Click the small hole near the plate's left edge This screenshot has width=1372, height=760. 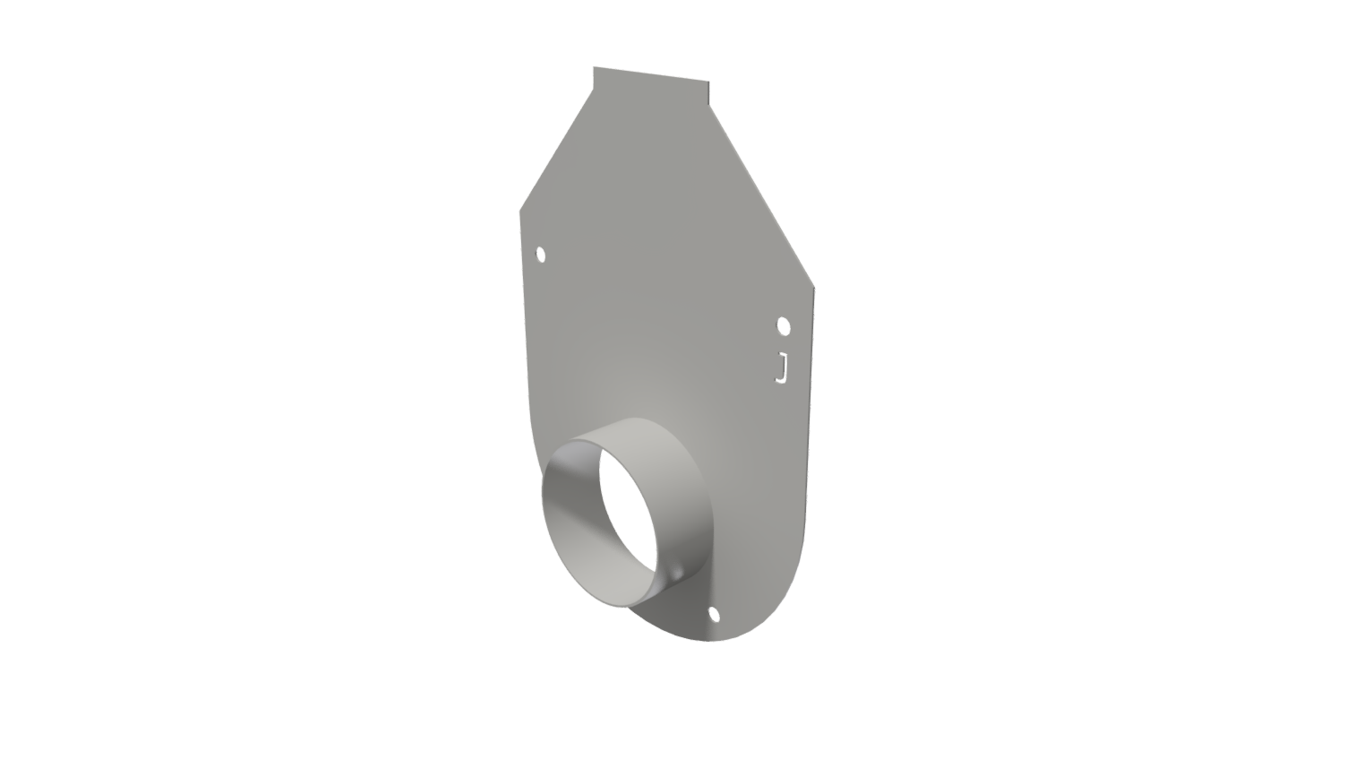(541, 255)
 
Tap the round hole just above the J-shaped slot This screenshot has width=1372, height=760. (784, 325)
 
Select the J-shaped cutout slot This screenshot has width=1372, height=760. (782, 368)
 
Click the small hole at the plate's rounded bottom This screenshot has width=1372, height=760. (714, 614)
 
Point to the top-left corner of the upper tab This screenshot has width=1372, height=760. (594, 67)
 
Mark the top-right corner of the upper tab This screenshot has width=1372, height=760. (708, 82)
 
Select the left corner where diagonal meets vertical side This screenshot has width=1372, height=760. (520, 212)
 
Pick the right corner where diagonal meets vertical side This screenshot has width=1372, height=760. (814, 288)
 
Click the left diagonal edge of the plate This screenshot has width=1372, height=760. (556, 151)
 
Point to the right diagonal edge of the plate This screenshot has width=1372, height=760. (761, 196)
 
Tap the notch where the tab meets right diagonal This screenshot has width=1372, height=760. (709, 105)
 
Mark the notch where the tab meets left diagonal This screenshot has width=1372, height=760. (593, 90)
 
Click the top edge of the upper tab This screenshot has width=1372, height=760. (651, 74)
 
